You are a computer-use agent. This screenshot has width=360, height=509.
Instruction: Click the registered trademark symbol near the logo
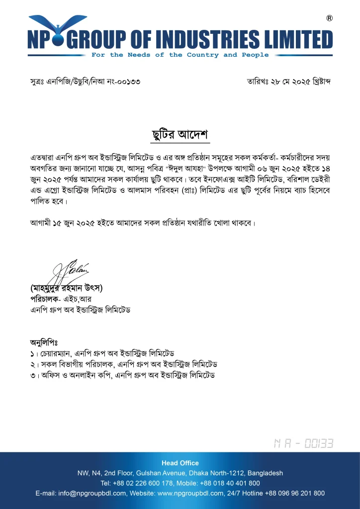click(329, 18)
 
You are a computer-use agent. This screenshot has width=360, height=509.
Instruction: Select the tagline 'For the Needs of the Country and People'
click(180, 55)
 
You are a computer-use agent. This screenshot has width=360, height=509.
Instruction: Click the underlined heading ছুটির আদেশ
click(180, 134)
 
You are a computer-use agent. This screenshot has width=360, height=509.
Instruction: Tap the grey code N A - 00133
click(303, 443)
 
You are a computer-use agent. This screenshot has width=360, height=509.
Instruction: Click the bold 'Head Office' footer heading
click(180, 463)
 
